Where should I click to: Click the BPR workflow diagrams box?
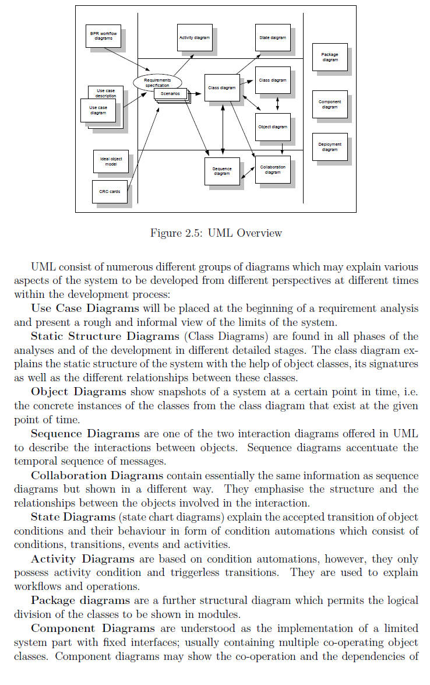[103, 36]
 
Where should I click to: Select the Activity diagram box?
[194, 37]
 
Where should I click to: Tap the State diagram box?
[273, 37]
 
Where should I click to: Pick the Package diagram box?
[330, 57]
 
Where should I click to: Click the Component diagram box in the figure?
[330, 104]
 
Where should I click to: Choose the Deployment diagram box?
[330, 147]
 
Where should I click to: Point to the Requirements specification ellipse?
[157, 82]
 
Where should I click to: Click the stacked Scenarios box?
[171, 95]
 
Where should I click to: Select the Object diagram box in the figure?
[273, 127]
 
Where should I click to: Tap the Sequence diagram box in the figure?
[222, 171]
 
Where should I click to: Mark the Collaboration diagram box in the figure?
[273, 170]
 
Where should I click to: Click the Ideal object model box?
[111, 161]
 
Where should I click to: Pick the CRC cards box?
[110, 191]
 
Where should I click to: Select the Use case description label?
[106, 93]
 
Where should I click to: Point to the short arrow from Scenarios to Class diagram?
[196, 94]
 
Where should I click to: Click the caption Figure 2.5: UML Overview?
[216, 233]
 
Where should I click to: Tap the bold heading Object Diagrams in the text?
[79, 392]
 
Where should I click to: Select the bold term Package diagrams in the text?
[80, 600]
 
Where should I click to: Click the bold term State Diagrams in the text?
[73, 517]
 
